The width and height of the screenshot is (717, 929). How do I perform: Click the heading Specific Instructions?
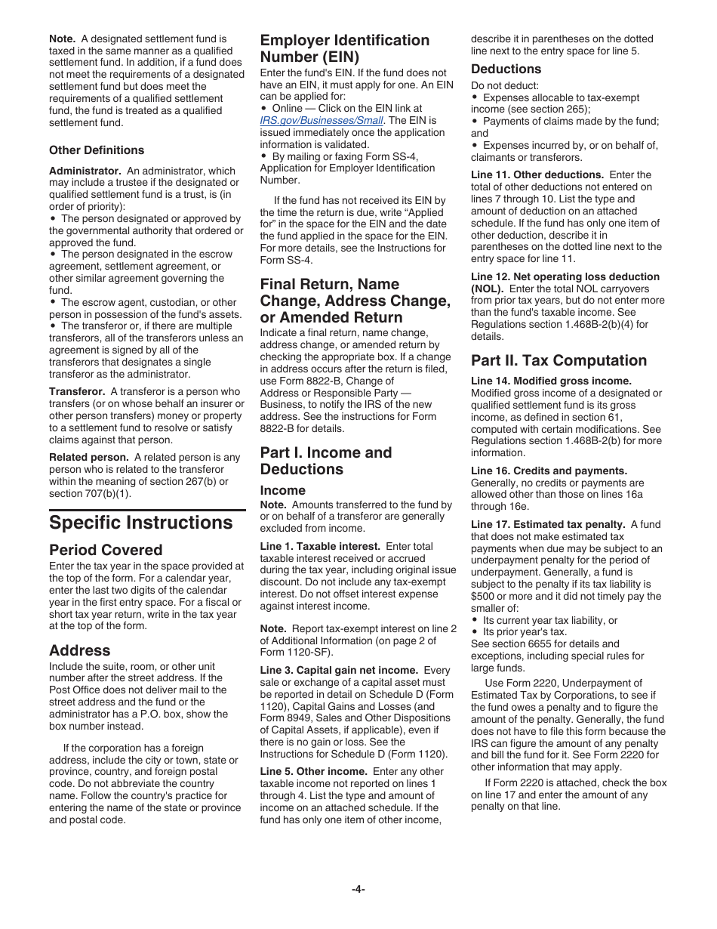click(141, 523)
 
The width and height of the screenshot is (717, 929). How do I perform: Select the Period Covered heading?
click(106, 550)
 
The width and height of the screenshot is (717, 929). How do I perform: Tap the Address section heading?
click(79, 650)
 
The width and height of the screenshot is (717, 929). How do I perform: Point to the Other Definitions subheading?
click(97, 150)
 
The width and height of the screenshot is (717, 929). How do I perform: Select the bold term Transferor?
click(77, 391)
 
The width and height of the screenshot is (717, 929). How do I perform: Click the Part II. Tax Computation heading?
click(559, 360)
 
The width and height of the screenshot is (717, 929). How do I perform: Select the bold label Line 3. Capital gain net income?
click(339, 670)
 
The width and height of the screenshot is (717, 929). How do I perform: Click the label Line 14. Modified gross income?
click(551, 381)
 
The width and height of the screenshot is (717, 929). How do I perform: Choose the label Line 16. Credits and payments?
click(549, 471)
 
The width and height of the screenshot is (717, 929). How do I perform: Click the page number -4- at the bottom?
click(358, 889)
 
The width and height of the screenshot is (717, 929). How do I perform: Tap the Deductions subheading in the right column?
click(506, 69)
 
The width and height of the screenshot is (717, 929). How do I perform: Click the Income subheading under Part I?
click(282, 490)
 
